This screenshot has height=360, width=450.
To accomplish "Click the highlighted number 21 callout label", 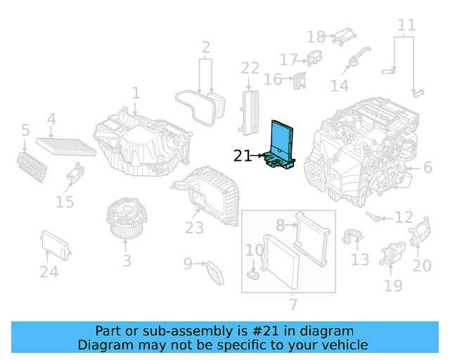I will click(242, 156).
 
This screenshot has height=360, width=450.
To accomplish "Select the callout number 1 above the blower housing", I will click(136, 92).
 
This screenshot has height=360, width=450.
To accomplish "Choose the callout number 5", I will click(25, 130).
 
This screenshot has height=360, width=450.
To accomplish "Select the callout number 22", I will click(250, 68).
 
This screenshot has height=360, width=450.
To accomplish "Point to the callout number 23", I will click(195, 228).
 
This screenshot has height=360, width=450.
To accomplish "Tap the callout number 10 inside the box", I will click(254, 250).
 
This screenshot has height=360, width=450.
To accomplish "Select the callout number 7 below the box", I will click(293, 305).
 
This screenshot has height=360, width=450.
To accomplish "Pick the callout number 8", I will click(280, 225).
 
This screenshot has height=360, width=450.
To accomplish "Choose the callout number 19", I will click(393, 285).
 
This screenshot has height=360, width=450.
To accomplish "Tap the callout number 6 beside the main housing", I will click(427, 167).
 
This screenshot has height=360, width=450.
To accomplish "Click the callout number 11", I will click(406, 27).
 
